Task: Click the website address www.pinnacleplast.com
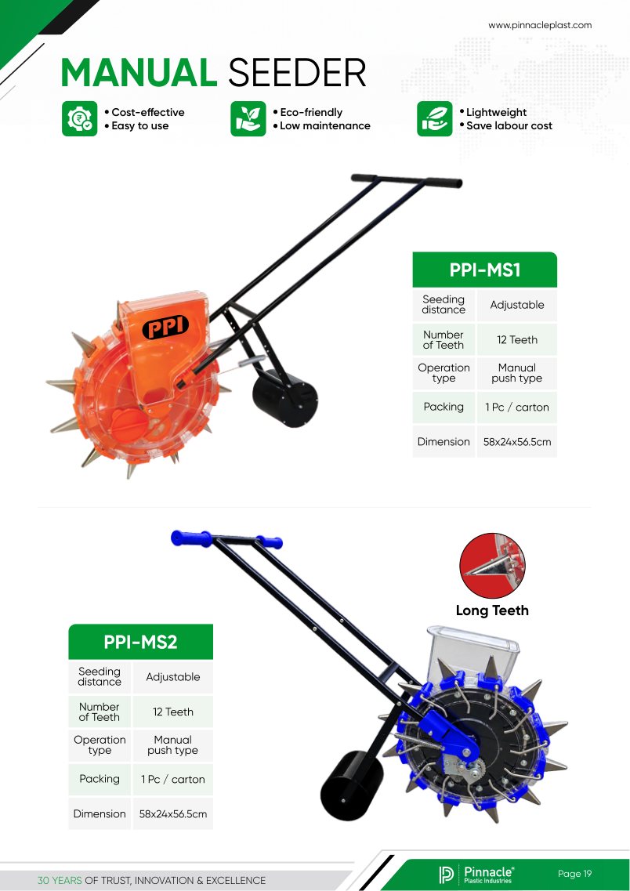[x=540, y=25]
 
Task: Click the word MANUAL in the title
[x=139, y=73]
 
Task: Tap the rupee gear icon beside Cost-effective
[x=79, y=119]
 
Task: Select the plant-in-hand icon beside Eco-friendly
[x=248, y=119]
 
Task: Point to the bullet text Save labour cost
[x=509, y=125]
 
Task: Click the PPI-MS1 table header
[x=484, y=270]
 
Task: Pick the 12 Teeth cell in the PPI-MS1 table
[x=517, y=340]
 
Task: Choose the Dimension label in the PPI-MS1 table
[x=444, y=441]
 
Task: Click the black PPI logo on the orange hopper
[x=165, y=327]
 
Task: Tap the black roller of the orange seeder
[x=285, y=398]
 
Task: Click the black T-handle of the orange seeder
[x=407, y=181]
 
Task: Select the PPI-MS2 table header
[x=140, y=642]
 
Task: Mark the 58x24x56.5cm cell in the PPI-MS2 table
[x=172, y=813]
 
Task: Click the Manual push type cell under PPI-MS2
[x=172, y=745]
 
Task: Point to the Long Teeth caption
[x=492, y=610]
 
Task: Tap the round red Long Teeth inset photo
[x=493, y=566]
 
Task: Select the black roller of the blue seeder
[x=352, y=785]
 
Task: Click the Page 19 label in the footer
[x=574, y=874]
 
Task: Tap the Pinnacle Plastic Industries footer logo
[x=476, y=875]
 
